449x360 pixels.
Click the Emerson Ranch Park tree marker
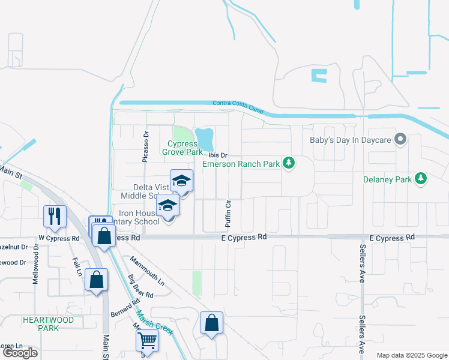[x=289, y=163]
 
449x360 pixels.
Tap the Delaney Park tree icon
[x=421, y=179]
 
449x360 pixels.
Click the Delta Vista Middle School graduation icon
[x=182, y=181]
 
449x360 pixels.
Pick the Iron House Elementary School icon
[x=168, y=206]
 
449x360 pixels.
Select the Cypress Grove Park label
[x=182, y=148]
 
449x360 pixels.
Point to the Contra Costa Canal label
[x=238, y=106]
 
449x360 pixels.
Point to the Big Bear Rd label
[x=140, y=286]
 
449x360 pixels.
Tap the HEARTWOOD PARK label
[x=48, y=324]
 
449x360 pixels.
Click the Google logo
[x=20, y=353]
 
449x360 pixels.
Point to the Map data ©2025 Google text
[x=411, y=355]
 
